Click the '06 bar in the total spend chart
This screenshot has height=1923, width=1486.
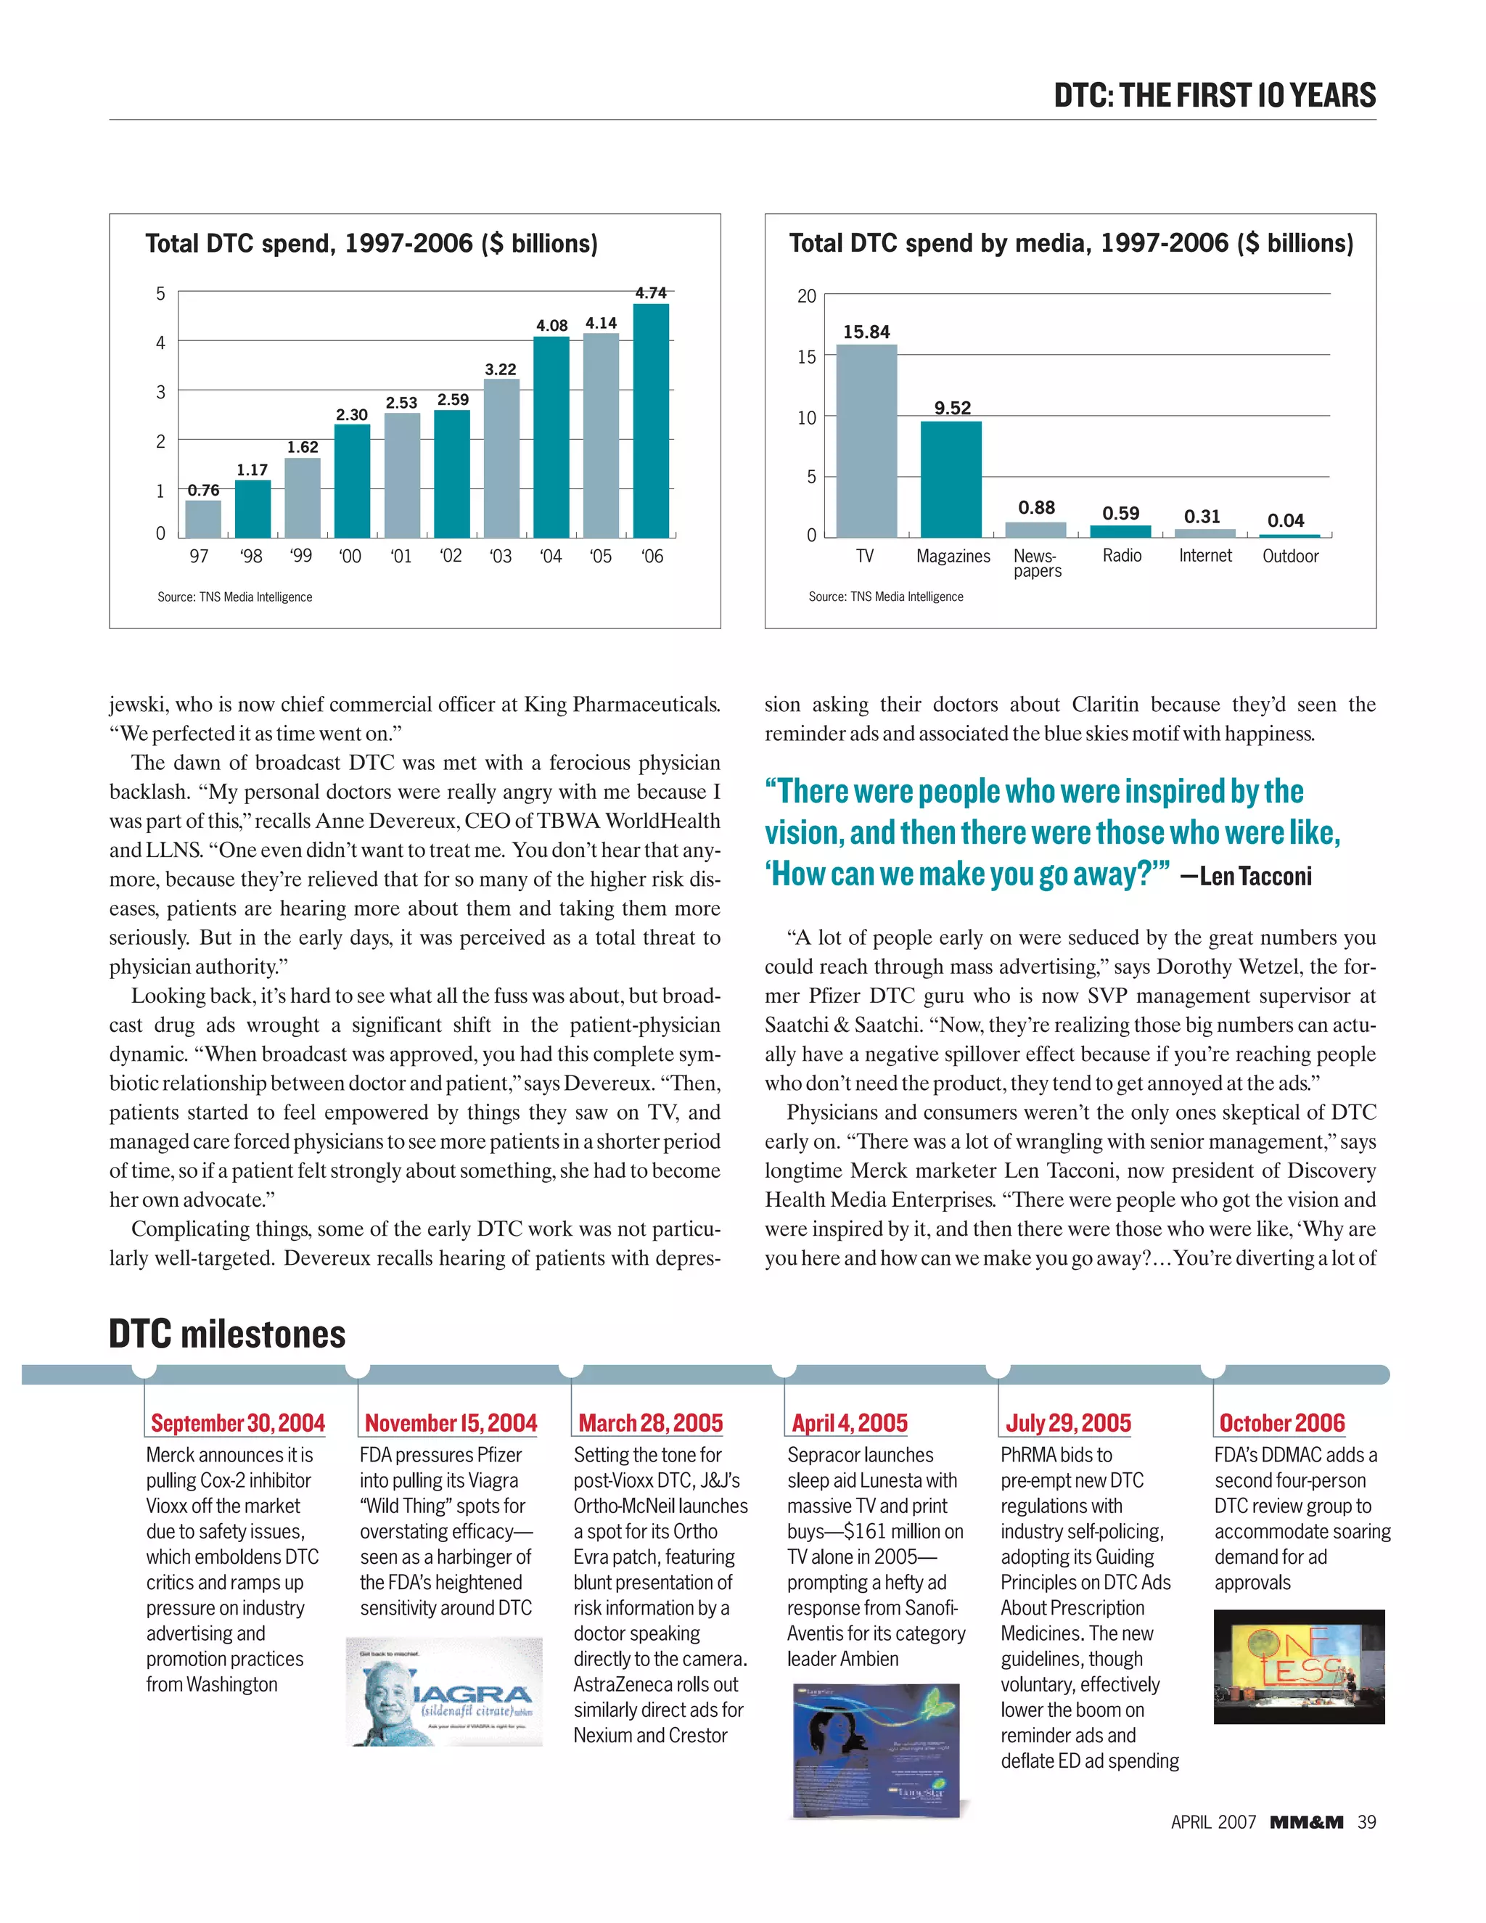(651, 420)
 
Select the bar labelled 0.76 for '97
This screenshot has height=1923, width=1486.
(202, 519)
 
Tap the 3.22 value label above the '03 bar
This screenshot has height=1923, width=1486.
(500, 369)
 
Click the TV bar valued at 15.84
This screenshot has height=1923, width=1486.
(866, 440)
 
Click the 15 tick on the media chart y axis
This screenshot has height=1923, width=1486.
(806, 356)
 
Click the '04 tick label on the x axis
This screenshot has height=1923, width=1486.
(550, 557)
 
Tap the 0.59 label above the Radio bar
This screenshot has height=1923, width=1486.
(1120, 513)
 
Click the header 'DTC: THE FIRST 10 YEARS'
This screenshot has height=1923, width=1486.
(1214, 95)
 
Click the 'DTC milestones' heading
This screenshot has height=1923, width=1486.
(227, 1334)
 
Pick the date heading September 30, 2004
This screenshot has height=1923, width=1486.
(238, 1423)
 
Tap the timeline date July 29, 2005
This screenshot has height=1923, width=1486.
(1068, 1423)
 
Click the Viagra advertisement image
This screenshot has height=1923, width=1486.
(443, 1692)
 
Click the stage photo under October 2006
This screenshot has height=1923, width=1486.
(1299, 1666)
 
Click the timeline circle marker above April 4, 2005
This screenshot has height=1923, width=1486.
(784, 1367)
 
